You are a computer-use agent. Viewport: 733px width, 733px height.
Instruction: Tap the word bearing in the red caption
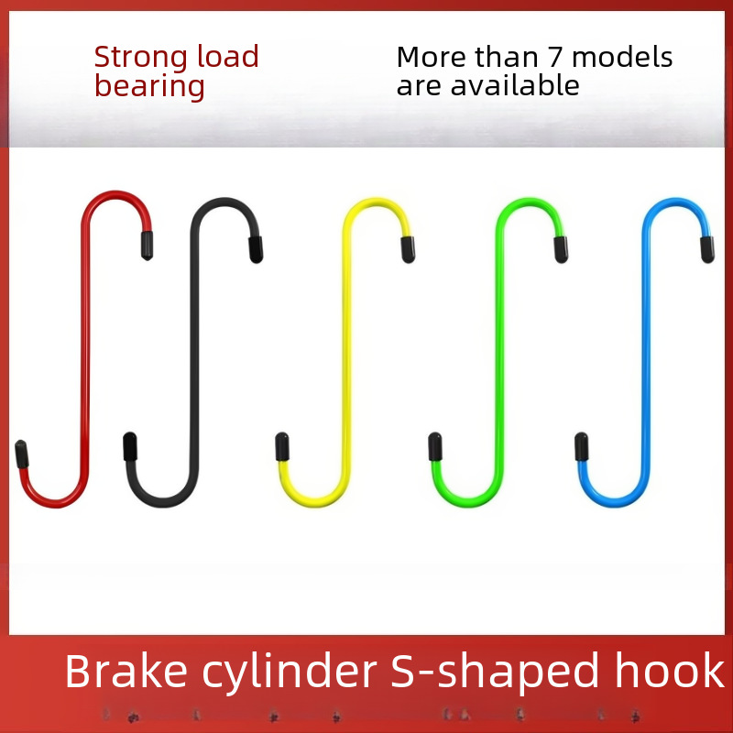[x=149, y=87]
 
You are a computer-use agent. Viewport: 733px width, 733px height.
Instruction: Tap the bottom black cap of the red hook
[x=21, y=454]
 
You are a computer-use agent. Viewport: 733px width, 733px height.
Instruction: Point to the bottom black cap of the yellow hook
[x=283, y=448]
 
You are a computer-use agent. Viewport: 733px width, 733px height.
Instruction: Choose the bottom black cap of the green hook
[x=436, y=448]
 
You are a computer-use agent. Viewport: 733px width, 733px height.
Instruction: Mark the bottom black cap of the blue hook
[x=581, y=446]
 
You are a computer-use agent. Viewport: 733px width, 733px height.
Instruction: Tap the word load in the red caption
[x=228, y=58]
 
